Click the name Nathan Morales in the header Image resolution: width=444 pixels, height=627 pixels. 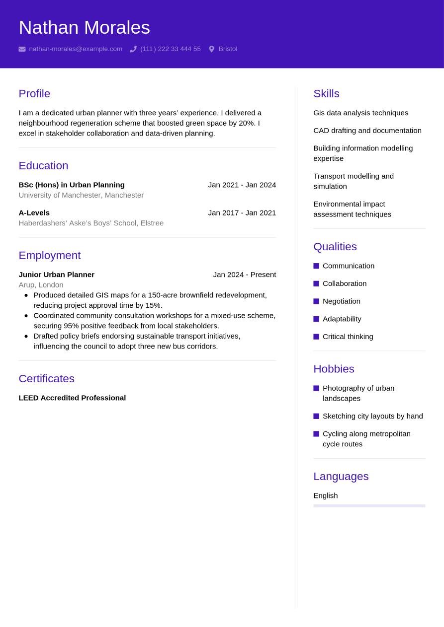pos(84,27)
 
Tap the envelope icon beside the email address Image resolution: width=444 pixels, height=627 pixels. pos(22,49)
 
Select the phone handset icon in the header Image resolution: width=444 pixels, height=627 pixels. pos(133,49)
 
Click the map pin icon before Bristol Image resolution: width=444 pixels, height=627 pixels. pos(211,49)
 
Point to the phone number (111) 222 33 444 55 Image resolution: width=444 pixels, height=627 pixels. pos(170,49)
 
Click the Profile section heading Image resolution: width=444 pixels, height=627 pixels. pos(34,93)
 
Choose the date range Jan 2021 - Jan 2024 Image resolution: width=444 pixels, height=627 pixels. pos(242,185)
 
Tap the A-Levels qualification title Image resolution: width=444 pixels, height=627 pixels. pos(34,212)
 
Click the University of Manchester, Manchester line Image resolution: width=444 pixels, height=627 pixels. pos(81,195)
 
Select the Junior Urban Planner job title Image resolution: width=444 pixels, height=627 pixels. pos(56,275)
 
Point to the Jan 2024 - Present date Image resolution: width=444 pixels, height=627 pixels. pos(244,275)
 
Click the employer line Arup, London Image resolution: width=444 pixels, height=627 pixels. pos(41,285)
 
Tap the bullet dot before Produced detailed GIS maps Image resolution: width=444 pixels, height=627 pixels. pos(26,295)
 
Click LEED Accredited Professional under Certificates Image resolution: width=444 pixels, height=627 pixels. pos(72,398)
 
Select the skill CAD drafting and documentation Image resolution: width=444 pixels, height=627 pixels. pos(367,131)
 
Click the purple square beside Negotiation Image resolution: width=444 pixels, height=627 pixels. pos(316,301)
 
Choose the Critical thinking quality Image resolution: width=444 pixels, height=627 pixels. pos(348,337)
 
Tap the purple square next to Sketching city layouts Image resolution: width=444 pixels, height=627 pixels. pos(316,416)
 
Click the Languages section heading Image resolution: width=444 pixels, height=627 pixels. pos(341,476)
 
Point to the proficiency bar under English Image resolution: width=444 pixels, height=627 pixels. pos(369,506)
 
